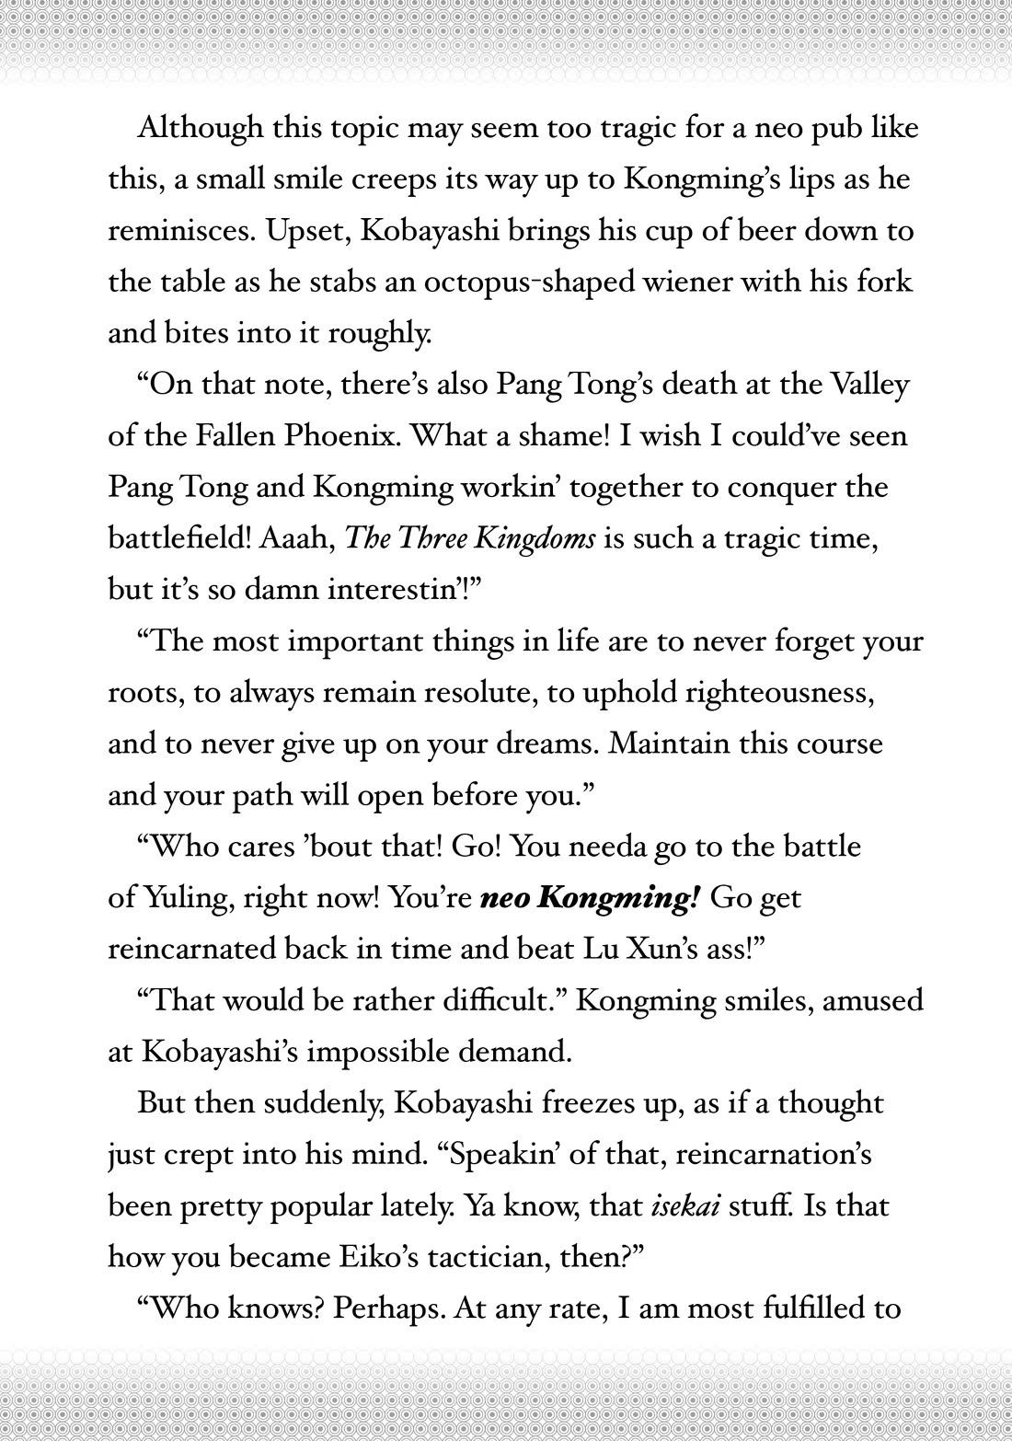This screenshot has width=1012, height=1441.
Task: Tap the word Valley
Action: coord(869,384)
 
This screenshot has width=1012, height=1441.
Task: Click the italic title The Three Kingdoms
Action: coord(469,538)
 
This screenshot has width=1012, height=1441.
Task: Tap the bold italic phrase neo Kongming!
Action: coord(591,897)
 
